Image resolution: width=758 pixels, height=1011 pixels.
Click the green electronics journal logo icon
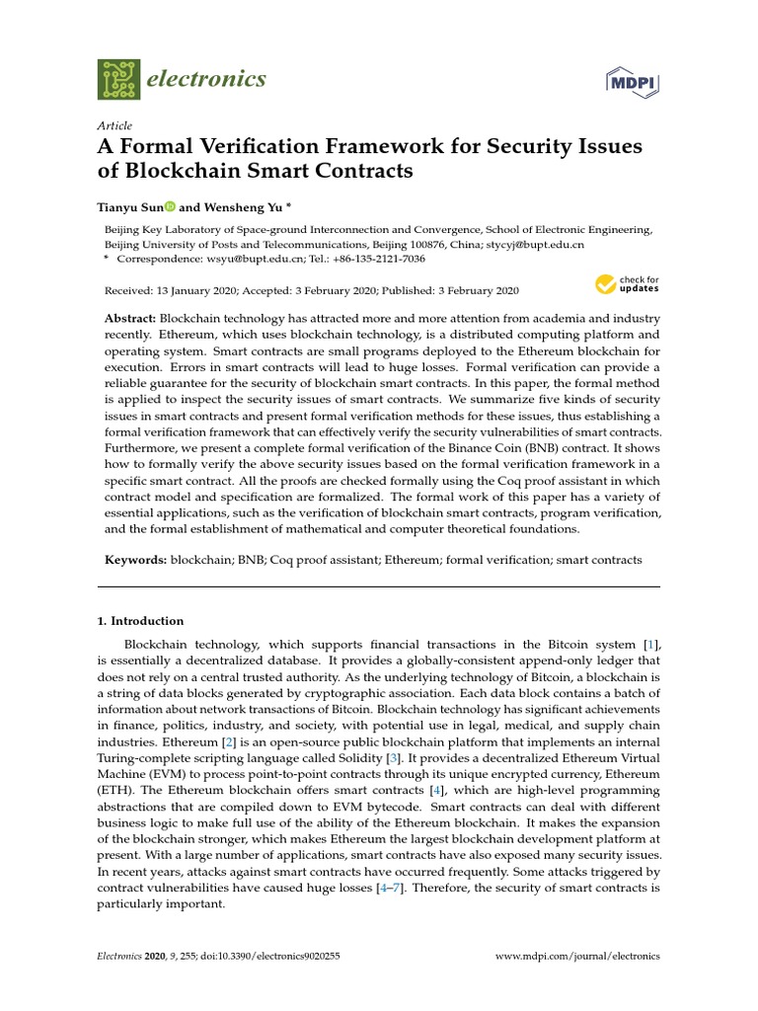[118, 79]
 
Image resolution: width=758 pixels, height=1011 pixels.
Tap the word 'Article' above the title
[114, 125]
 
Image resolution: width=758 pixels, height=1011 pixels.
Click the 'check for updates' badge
[627, 285]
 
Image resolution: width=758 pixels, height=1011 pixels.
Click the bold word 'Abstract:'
[130, 321]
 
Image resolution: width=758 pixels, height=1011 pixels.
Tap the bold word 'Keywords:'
[136, 560]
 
